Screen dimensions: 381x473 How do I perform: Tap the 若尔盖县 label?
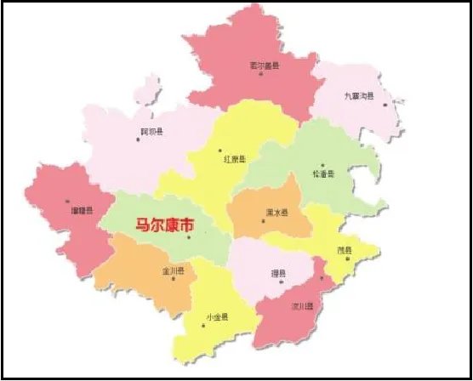tap(265, 65)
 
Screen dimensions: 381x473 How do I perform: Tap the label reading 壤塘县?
tap(83, 210)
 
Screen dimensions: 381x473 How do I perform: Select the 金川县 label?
tap(173, 272)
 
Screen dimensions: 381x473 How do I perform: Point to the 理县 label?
tap(277, 273)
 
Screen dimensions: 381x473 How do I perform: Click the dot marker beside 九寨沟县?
tap(385, 105)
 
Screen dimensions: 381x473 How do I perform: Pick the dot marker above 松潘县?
tap(322, 166)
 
